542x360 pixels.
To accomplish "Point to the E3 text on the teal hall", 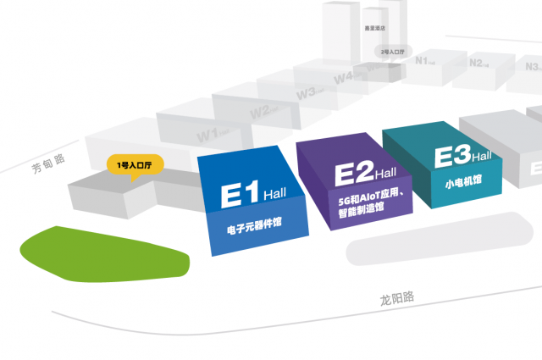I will [x=452, y=157].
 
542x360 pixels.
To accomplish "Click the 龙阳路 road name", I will [x=397, y=298].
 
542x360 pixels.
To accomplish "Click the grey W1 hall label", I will [x=208, y=135].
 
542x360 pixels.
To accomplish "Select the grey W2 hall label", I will [x=260, y=111].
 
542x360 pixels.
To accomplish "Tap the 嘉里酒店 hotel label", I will [x=373, y=27].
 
